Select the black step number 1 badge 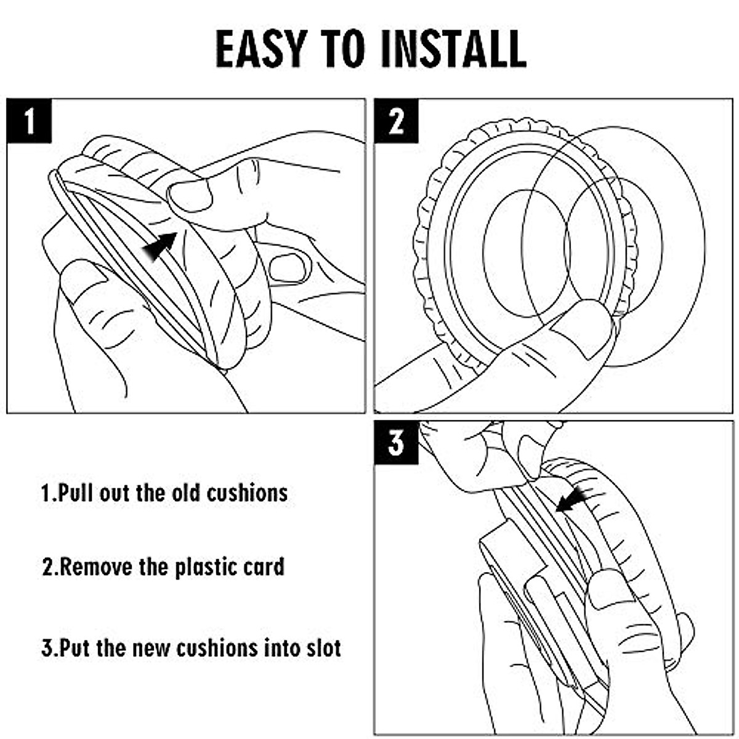(29, 121)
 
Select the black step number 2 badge (396, 121)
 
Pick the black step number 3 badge (396, 443)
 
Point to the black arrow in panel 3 (571, 499)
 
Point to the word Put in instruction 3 (75, 648)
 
